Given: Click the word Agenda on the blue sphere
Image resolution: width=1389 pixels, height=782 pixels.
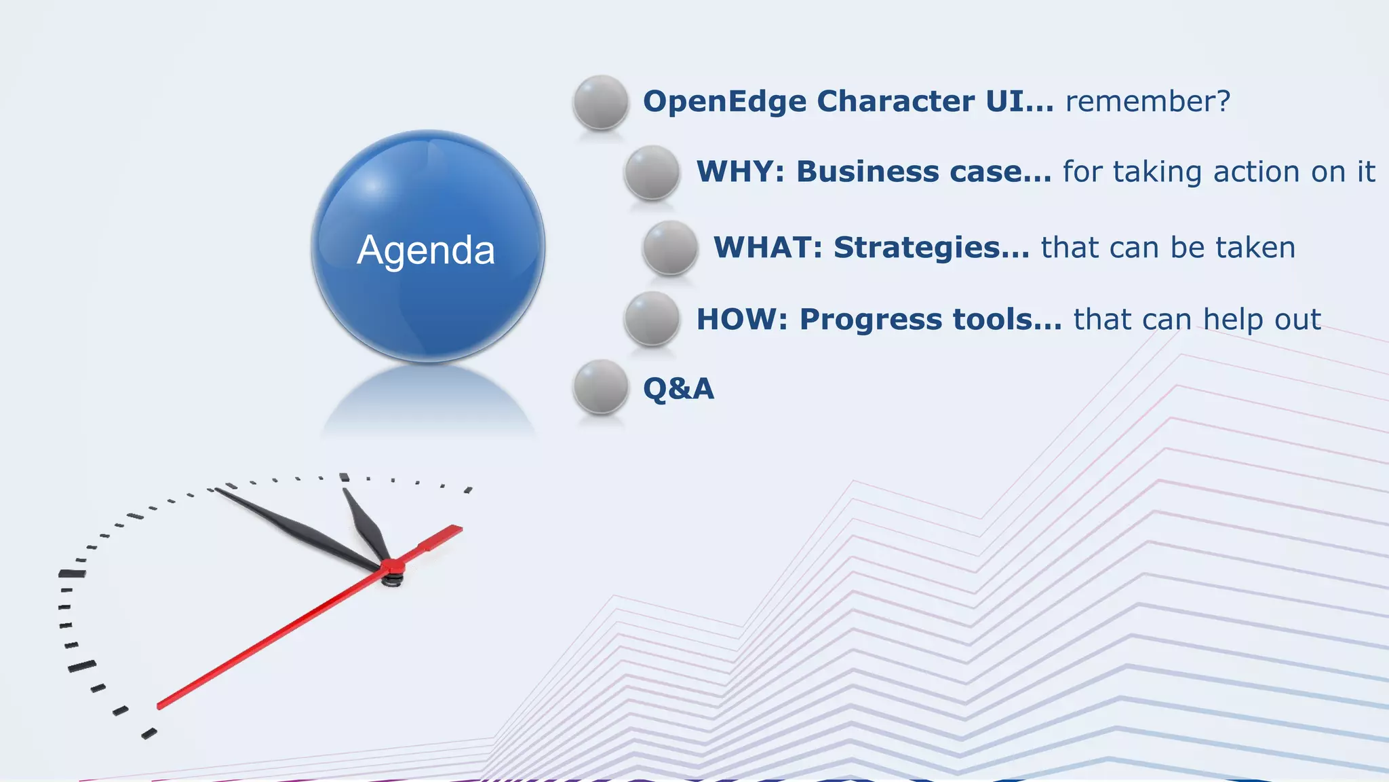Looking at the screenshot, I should pos(426,250).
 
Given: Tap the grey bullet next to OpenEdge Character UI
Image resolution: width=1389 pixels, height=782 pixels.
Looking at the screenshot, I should pos(600,103).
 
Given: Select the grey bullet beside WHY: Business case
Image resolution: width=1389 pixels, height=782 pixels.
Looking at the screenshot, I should pos(652,172).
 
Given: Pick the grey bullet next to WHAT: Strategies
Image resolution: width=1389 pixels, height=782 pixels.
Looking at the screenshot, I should pos(670,248).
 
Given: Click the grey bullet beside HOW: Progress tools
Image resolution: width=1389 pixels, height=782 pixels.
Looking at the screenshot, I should pos(652,319).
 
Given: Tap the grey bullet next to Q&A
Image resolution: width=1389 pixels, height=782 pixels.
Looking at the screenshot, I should pos(600,387).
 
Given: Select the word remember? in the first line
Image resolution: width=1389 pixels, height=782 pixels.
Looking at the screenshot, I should pos(1148,102).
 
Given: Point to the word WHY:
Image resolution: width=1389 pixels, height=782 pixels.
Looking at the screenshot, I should pos(740,172).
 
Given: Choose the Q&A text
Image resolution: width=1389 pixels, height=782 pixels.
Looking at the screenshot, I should pos(678,389).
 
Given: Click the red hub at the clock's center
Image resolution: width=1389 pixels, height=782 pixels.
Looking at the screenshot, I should pos(393,567).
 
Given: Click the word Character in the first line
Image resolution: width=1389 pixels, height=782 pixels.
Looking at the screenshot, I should pos(895,102).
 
